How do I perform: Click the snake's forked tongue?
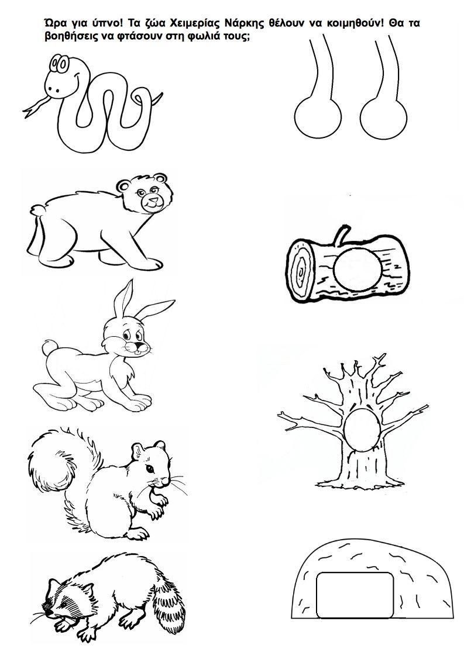pyautogui.click(x=36, y=106)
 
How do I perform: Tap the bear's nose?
pyautogui.click(x=153, y=199)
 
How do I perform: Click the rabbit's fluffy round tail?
pyautogui.click(x=49, y=347)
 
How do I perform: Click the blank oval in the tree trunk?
pyautogui.click(x=362, y=430)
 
